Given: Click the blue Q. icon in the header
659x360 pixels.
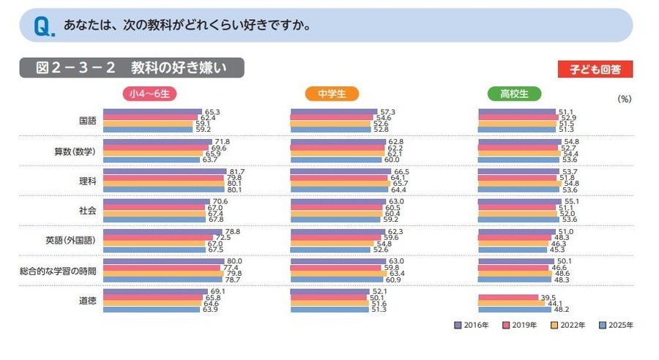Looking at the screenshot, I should [42, 27].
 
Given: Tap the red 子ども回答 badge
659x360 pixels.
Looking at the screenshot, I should [595, 70].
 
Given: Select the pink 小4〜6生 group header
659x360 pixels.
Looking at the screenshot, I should [150, 94].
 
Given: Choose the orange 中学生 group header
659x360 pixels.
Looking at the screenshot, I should [332, 94].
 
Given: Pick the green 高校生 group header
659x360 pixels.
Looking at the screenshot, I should [514, 94].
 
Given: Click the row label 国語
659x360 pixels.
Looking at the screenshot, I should [87, 121].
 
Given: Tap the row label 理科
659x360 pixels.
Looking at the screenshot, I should [87, 181].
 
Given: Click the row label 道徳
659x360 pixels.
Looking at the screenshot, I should [87, 301].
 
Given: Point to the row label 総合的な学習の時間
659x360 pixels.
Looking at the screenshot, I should [58, 271].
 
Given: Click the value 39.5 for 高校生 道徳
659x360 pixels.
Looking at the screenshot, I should [548, 297].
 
